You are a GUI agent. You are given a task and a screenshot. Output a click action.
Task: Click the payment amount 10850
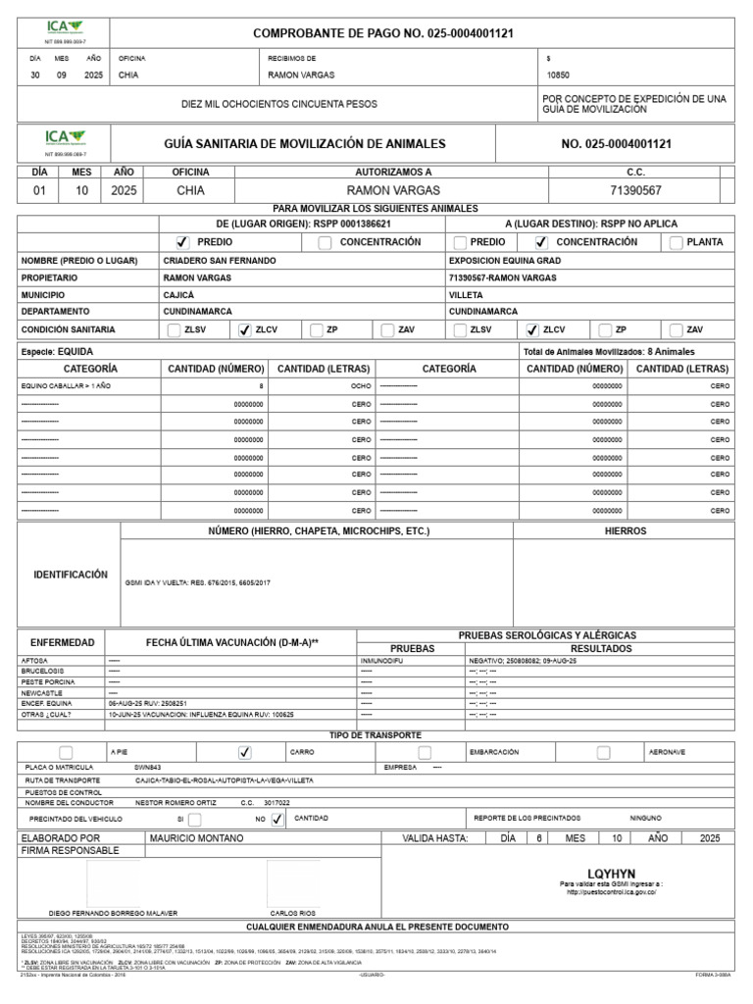click(558, 75)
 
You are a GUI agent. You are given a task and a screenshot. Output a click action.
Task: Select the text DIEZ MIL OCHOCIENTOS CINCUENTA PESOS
click(279, 104)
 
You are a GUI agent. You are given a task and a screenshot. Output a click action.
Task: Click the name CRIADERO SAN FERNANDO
click(220, 262)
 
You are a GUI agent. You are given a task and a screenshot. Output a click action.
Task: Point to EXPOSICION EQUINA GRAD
click(504, 262)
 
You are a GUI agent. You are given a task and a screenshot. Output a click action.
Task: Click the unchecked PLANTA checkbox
click(676, 242)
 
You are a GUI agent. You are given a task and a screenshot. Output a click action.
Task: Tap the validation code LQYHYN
click(612, 873)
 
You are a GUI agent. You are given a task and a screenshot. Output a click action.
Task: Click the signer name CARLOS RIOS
click(291, 913)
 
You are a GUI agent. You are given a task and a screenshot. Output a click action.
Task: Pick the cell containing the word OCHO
click(360, 386)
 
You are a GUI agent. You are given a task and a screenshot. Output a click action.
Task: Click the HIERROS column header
click(627, 530)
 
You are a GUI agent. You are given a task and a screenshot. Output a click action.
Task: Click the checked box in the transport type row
click(245, 752)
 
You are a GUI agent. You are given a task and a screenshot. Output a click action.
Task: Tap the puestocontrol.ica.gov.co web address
click(612, 892)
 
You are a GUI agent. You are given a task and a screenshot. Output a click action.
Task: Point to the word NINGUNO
click(646, 818)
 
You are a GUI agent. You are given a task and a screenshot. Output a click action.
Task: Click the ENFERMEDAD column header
click(63, 642)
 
